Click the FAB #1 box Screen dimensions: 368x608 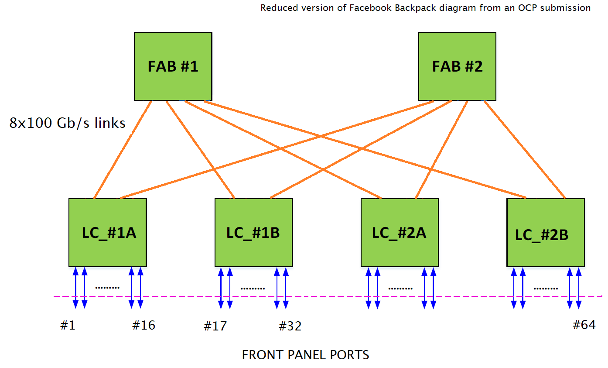tap(173, 66)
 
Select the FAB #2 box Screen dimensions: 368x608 tap(457, 66)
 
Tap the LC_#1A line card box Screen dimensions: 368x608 tap(108, 233)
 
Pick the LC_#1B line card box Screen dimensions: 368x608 tap(253, 233)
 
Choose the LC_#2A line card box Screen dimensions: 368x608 tap(400, 233)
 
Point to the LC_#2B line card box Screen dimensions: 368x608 tap(545, 233)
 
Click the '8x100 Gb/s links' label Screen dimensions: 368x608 tap(68, 124)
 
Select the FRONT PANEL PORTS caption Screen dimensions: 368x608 tap(305, 355)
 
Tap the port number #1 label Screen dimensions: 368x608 tap(68, 326)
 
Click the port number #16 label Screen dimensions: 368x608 tap(143, 325)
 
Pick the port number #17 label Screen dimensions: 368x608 tap(215, 326)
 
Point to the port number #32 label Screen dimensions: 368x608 tap(290, 326)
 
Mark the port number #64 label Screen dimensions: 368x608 tap(584, 325)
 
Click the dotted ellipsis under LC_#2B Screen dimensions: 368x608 tap(546, 289)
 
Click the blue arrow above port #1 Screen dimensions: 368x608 tap(75, 288)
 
